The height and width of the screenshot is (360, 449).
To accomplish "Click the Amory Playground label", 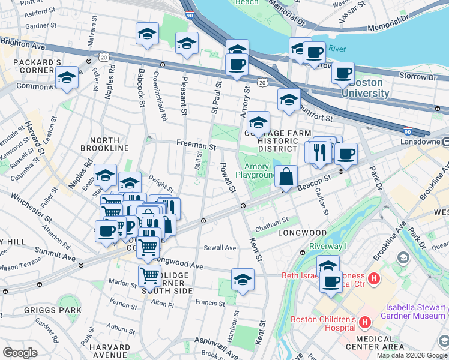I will pos(256,170).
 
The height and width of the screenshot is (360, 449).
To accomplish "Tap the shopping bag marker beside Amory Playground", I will pos(287,178).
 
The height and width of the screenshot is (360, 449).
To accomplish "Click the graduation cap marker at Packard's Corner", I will pos(67,78).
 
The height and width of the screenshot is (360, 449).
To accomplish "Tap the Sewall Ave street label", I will pos(220,247).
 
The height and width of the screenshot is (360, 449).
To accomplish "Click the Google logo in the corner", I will pos(20,353).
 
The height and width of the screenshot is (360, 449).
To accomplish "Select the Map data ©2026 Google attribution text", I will pos(411,355).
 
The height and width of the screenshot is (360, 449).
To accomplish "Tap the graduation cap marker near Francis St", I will pos(243,280).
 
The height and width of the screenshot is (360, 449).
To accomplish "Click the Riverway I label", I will pos(328,246).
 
